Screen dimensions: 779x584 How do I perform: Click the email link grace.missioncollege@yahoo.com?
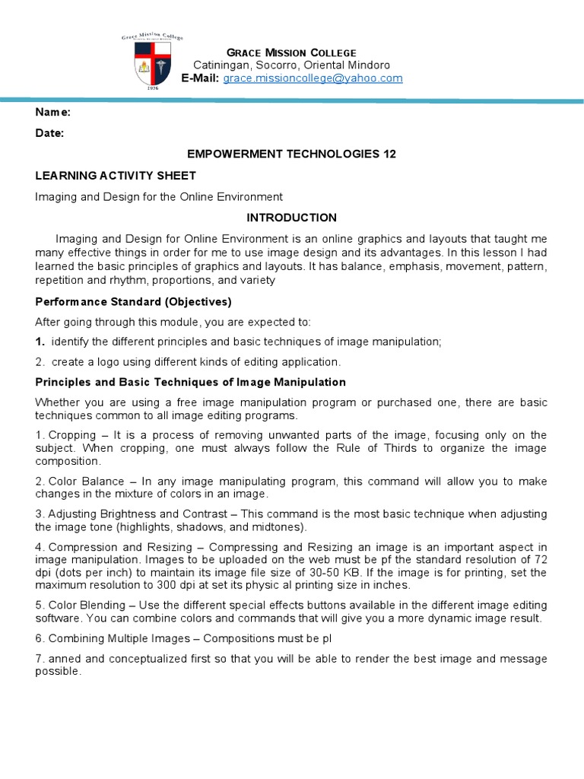pos(313,78)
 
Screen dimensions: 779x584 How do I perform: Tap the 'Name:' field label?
pos(53,112)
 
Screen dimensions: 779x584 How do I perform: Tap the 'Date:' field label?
pos(50,132)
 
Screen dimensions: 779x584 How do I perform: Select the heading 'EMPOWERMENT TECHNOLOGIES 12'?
pos(291,154)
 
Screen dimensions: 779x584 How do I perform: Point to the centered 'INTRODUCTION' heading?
pos(291,218)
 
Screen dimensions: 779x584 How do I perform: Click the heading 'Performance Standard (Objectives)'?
pos(133,301)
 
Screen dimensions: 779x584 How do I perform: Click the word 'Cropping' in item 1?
pos(71,435)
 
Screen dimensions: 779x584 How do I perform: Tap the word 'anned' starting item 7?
pos(64,659)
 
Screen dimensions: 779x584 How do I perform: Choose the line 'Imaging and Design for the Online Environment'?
pos(159,196)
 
